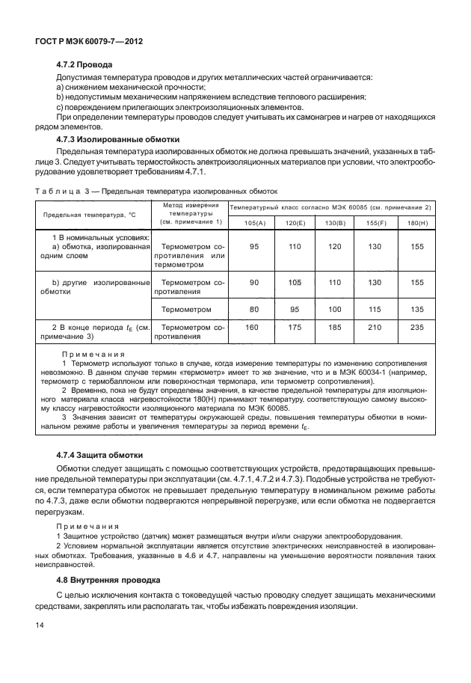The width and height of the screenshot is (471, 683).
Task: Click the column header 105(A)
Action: click(x=254, y=223)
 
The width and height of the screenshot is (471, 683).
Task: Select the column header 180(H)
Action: click(x=416, y=223)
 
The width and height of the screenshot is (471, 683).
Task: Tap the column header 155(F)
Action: click(x=376, y=223)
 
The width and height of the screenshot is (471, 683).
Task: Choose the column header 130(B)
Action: click(x=335, y=223)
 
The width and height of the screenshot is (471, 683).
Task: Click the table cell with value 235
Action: click(x=417, y=327)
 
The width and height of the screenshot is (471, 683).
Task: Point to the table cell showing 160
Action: click(x=253, y=327)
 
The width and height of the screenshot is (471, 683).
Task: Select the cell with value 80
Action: click(x=253, y=309)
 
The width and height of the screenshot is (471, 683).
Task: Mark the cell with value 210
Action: click(x=376, y=327)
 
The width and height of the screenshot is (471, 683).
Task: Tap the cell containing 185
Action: click(x=335, y=327)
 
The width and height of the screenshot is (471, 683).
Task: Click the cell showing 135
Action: click(x=417, y=309)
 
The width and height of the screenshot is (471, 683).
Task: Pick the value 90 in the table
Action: click(x=253, y=282)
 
